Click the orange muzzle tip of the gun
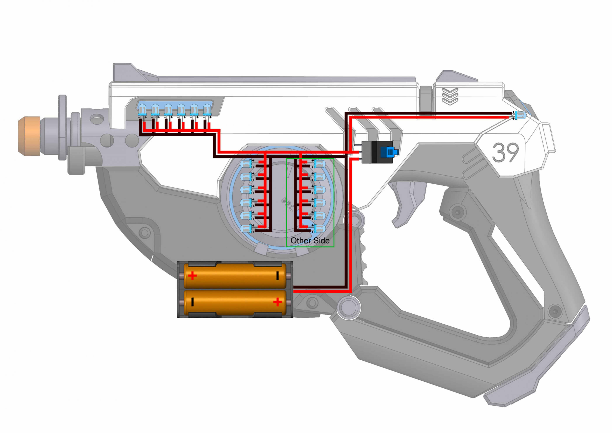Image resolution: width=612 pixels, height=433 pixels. pos(29,136)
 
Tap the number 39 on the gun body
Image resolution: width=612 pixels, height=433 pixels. pos(505,152)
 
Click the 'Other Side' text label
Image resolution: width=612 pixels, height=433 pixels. pos(310,241)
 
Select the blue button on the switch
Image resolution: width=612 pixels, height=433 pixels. pos(389,152)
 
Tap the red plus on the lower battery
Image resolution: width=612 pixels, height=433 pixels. pos(278,302)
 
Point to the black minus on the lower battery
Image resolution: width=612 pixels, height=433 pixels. pos(192,302)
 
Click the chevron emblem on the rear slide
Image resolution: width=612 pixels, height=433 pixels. pos(450,96)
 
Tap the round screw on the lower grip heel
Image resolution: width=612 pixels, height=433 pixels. pos(555,311)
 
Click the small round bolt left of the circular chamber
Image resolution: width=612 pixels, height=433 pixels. pos(144,233)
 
